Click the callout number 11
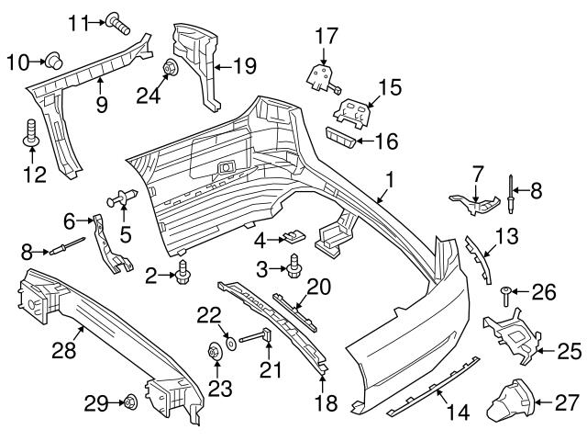coord(80,21)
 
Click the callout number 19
coord(244,65)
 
